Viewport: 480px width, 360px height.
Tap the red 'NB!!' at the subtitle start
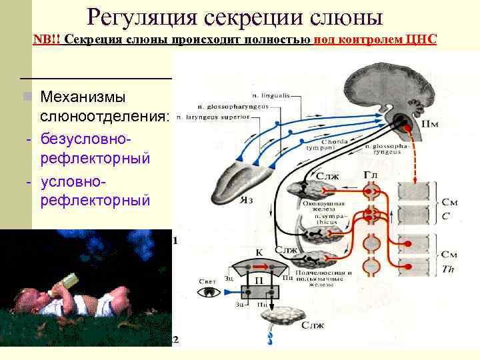pyautogui.click(x=47, y=39)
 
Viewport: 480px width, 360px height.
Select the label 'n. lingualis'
pyautogui.click(x=271, y=95)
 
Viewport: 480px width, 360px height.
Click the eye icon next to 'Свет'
pyautogui.click(x=213, y=291)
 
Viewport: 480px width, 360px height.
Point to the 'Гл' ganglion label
pyautogui.click(x=371, y=175)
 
